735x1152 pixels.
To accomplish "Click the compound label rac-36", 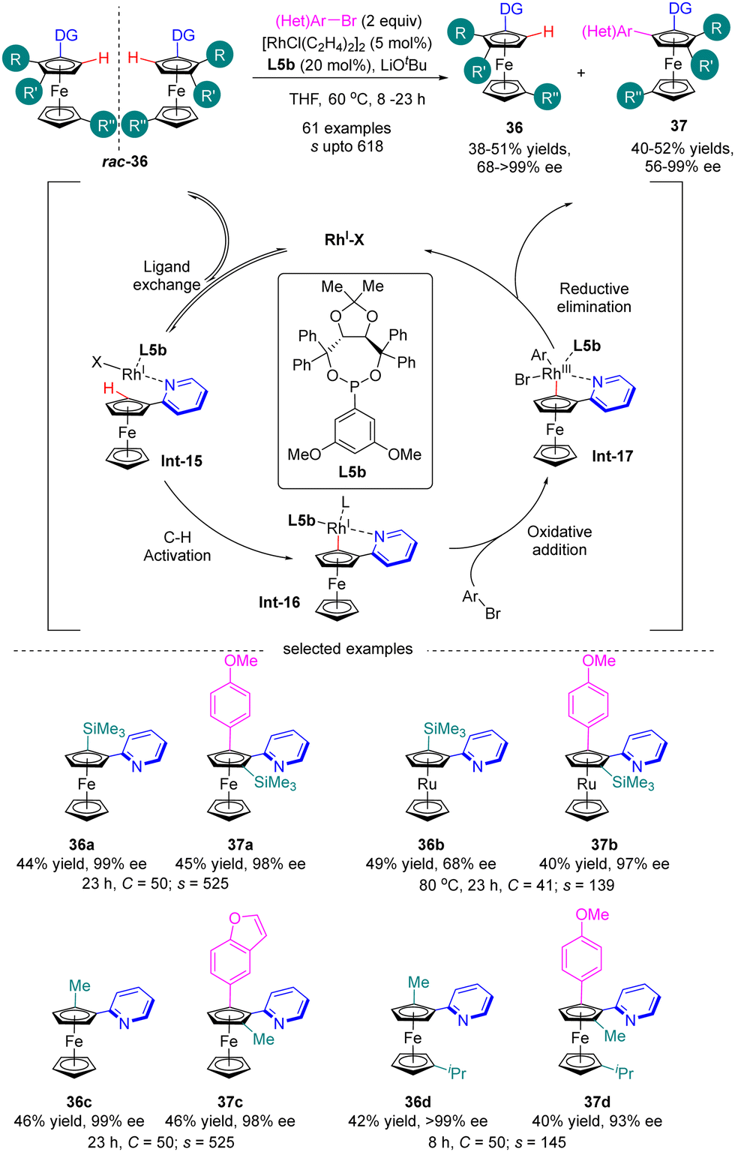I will pyautogui.click(x=124, y=161).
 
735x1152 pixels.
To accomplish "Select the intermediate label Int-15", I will pyautogui.click(x=181, y=460).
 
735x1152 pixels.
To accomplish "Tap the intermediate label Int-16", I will pyautogui.click(x=279, y=601).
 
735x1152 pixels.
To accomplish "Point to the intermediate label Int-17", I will pyautogui.click(x=612, y=456).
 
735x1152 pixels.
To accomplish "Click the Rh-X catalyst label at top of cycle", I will pyautogui.click(x=344, y=239).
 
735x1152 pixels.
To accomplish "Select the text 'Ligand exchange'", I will pyautogui.click(x=166, y=275).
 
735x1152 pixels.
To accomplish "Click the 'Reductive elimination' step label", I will pyautogui.click(x=594, y=298).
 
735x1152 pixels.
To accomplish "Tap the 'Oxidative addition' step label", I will pyautogui.click(x=559, y=541).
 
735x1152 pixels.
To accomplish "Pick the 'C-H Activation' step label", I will pyautogui.click(x=177, y=547).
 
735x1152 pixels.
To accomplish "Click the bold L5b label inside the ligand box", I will pyautogui.click(x=352, y=472).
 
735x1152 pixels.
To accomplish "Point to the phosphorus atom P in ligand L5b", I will pyautogui.click(x=355, y=385).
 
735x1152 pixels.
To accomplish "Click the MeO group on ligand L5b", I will pyautogui.click(x=304, y=454).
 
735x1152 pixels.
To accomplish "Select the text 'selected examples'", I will pyautogui.click(x=347, y=649).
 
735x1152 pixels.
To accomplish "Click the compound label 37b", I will pyautogui.click(x=604, y=844).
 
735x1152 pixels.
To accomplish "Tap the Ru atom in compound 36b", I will pyautogui.click(x=427, y=784).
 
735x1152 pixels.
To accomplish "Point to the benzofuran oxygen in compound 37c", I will pyautogui.click(x=235, y=918).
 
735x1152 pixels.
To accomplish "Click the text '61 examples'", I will pyautogui.click(x=346, y=128).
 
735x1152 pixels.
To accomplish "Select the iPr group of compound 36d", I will pyautogui.click(x=457, y=1072).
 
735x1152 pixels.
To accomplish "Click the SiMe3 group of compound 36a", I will pyautogui.click(x=103, y=729).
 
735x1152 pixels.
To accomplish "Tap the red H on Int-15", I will pyautogui.click(x=109, y=388).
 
